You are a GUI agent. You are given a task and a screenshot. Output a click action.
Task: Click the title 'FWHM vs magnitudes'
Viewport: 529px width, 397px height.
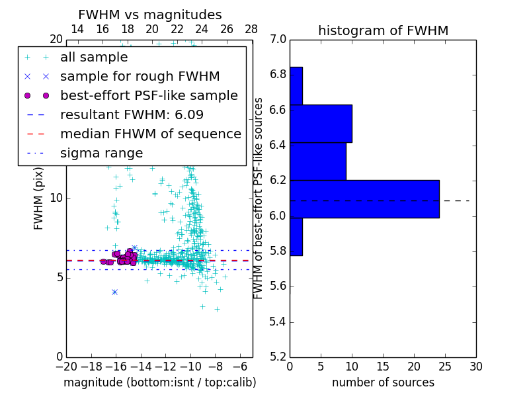150,15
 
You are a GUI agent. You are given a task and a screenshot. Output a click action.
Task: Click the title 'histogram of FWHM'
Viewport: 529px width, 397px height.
383,30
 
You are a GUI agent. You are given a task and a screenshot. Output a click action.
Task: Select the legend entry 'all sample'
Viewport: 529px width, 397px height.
94,58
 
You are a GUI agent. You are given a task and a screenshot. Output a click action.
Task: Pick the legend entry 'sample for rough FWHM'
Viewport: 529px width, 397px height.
140,77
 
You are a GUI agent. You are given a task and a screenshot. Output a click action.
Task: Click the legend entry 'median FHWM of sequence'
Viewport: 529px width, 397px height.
150,134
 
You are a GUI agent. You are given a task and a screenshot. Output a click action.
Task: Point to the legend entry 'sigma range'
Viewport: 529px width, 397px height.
101,154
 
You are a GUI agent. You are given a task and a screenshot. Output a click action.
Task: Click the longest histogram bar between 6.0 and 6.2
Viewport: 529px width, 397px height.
364,198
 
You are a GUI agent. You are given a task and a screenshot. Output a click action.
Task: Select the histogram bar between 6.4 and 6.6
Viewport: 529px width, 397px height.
321,123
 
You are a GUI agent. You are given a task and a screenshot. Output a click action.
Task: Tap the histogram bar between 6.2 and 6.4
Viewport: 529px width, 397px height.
318,161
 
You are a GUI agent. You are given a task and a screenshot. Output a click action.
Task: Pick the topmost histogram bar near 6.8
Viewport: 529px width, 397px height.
296,85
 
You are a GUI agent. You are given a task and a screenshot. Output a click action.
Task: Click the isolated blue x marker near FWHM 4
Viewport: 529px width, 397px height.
114,292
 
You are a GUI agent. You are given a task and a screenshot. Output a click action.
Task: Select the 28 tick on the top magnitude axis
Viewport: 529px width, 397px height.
251,29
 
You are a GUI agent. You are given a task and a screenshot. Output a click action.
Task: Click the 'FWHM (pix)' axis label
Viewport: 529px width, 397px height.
39,198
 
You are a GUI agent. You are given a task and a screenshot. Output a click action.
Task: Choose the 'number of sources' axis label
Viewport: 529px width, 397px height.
383,382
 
